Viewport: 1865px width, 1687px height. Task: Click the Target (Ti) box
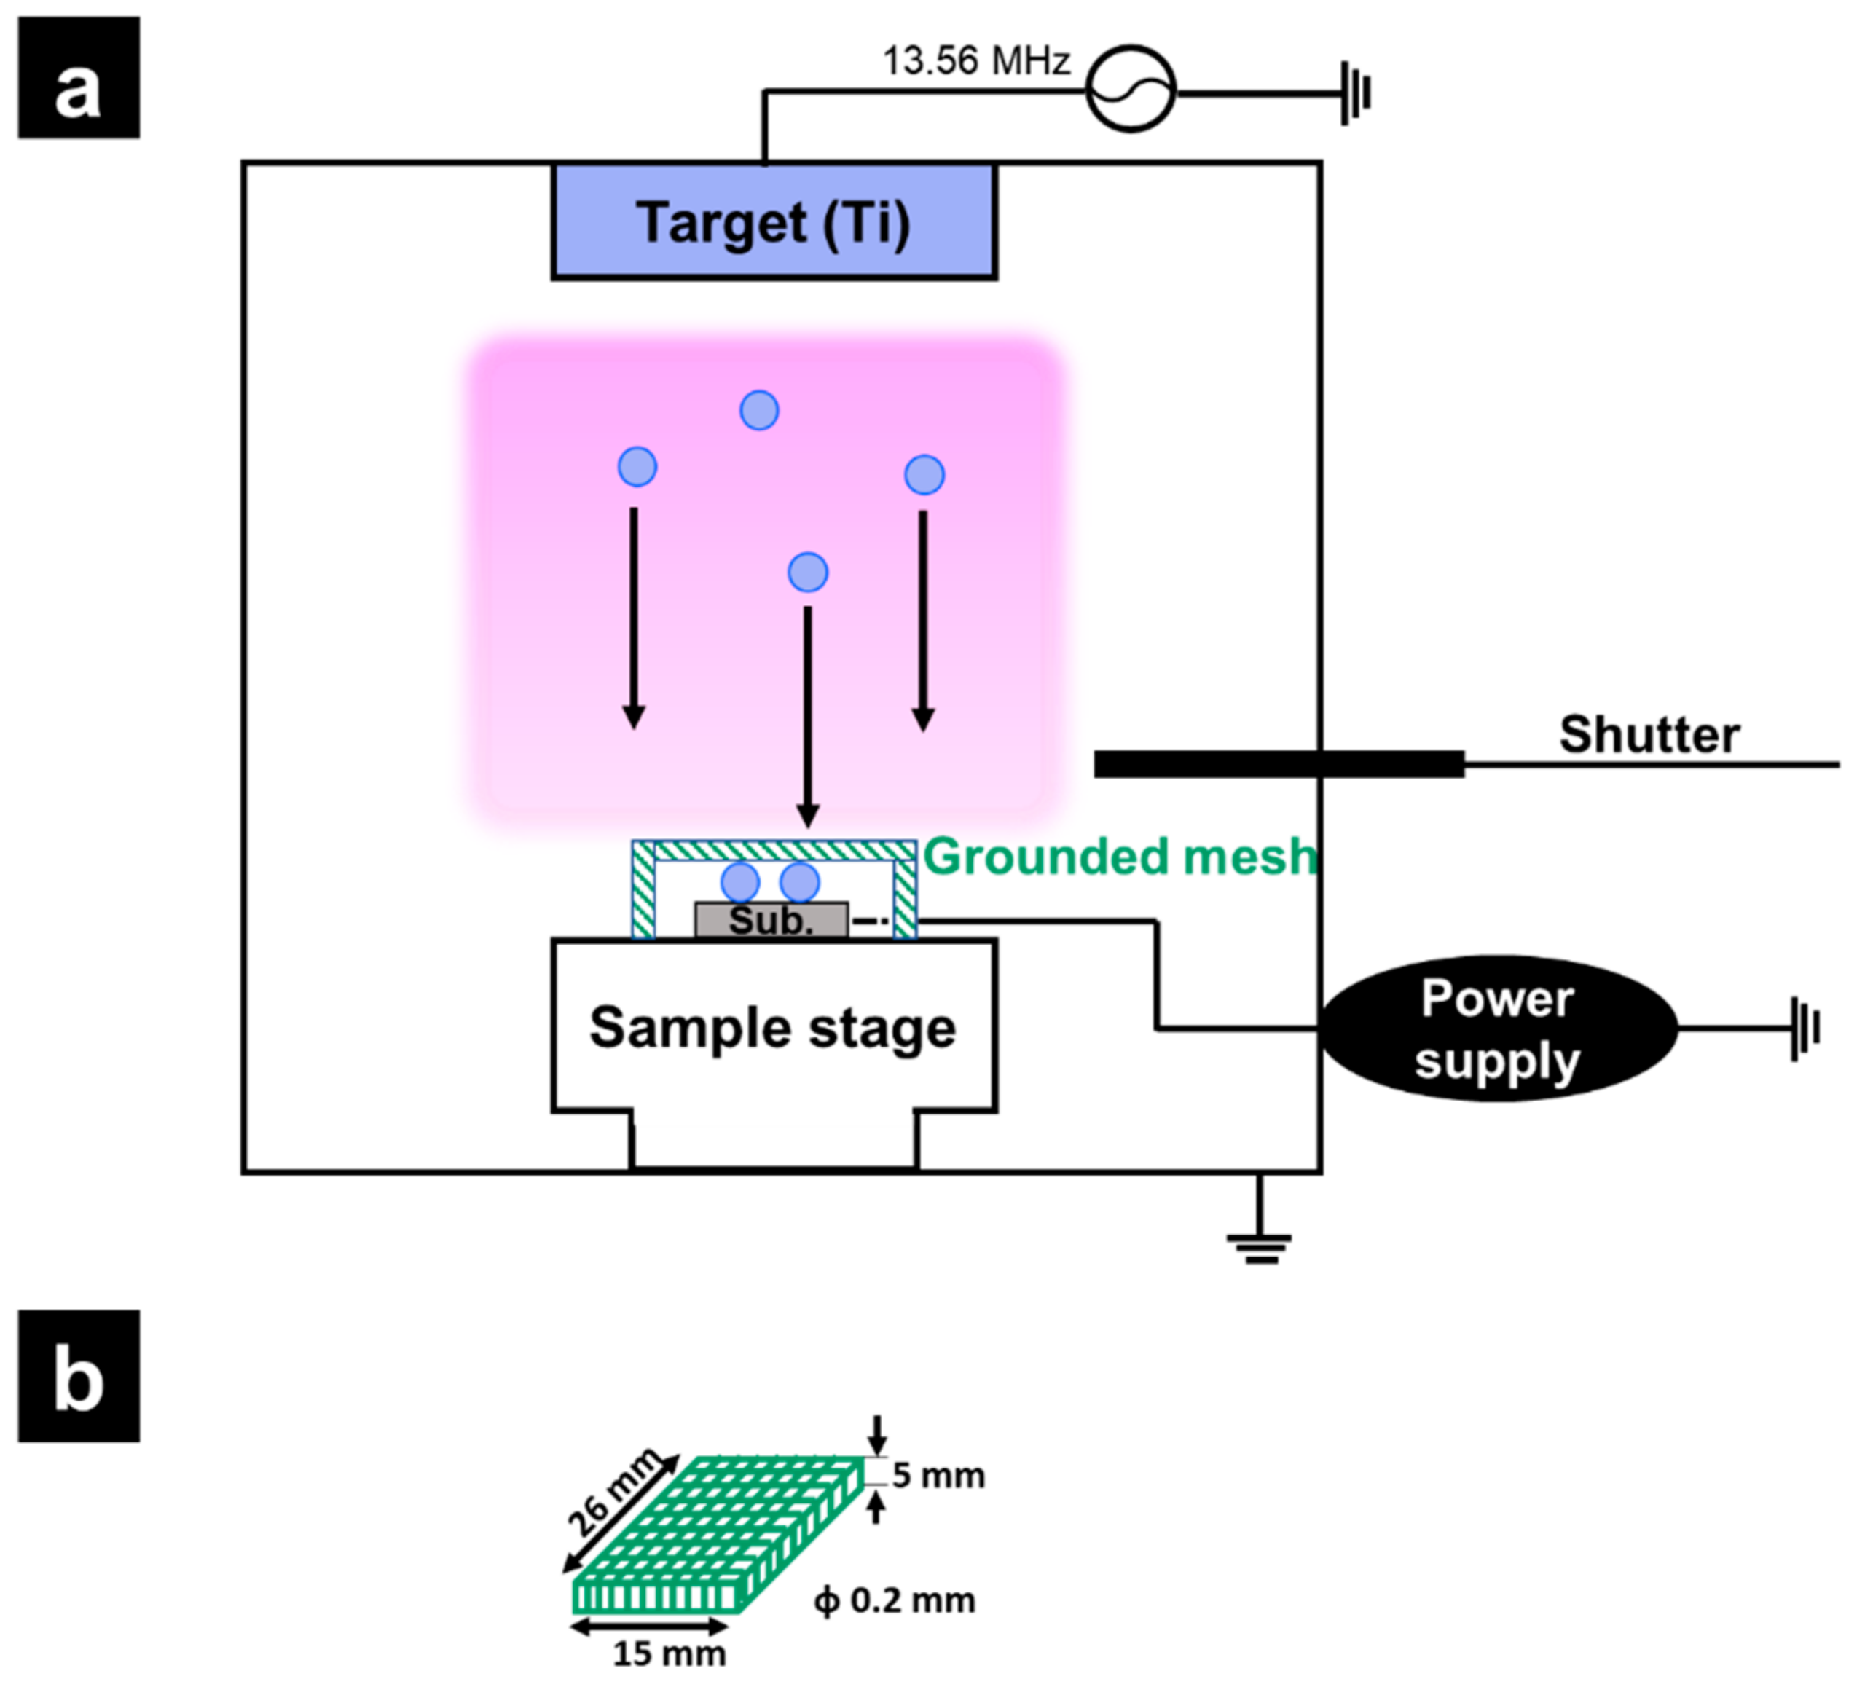(x=774, y=222)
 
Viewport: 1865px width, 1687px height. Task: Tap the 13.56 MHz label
(x=976, y=61)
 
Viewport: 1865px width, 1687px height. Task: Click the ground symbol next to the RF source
(x=1356, y=93)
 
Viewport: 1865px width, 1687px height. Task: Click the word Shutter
(x=1649, y=734)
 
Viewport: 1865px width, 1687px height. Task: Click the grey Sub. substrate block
(x=771, y=920)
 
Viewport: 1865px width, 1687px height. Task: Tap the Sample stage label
(x=772, y=1028)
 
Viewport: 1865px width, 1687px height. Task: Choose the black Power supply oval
(x=1498, y=1028)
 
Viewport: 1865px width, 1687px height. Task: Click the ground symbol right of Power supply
(x=1805, y=1028)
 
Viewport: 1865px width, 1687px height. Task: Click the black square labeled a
(x=79, y=78)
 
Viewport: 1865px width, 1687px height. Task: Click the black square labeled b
(x=79, y=1375)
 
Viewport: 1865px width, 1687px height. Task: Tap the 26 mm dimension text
(x=613, y=1492)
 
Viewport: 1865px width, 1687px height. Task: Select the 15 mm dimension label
(x=669, y=1653)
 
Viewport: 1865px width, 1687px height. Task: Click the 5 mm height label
(x=938, y=1475)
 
